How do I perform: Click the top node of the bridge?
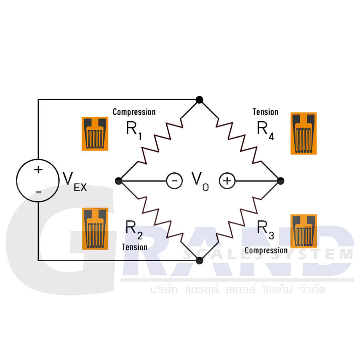point(199,100)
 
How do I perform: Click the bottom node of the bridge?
point(199,260)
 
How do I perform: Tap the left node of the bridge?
point(118,181)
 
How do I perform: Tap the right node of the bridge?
point(280,181)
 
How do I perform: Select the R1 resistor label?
point(134,130)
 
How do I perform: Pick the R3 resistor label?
point(265,229)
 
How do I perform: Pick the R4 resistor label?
point(265,130)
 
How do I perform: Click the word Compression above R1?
point(134,112)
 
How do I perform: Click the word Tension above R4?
point(265,112)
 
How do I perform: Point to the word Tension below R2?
point(134,247)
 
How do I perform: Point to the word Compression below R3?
point(266,250)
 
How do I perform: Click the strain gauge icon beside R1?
point(95,134)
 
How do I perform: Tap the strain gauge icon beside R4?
point(303,133)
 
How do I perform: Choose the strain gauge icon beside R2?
point(95,228)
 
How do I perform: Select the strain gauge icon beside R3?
point(303,231)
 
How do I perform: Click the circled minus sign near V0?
point(174,181)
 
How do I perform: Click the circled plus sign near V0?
point(227,181)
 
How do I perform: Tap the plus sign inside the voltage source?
point(38,170)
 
